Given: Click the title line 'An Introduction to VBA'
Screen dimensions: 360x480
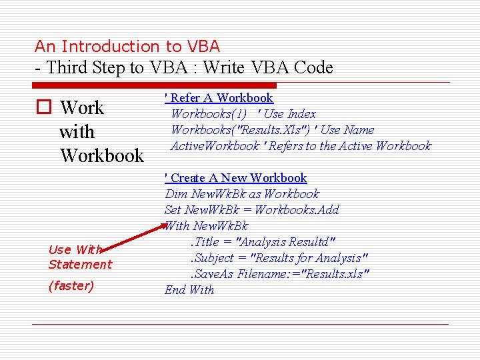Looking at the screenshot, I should click(127, 47).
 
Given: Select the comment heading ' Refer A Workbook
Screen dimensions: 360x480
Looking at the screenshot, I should click(219, 98).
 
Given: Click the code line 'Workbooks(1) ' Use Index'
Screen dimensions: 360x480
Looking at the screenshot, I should click(243, 114).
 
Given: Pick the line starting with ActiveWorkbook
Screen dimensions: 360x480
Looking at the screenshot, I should click(301, 146).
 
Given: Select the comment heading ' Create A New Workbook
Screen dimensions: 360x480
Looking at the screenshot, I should click(235, 178).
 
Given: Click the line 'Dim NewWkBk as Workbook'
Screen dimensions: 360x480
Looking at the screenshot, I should click(242, 194).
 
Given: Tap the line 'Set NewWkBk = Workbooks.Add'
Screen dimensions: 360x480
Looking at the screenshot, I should click(251, 210).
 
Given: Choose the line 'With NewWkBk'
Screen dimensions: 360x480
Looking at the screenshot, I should click(206, 226).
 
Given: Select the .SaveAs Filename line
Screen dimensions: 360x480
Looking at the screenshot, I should click(279, 274).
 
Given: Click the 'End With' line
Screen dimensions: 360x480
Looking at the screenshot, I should click(189, 290).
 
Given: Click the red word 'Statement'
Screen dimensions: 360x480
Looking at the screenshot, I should click(80, 265).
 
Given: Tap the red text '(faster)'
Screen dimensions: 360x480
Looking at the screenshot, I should click(71, 286).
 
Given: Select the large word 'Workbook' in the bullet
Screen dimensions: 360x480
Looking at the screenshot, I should click(101, 156).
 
